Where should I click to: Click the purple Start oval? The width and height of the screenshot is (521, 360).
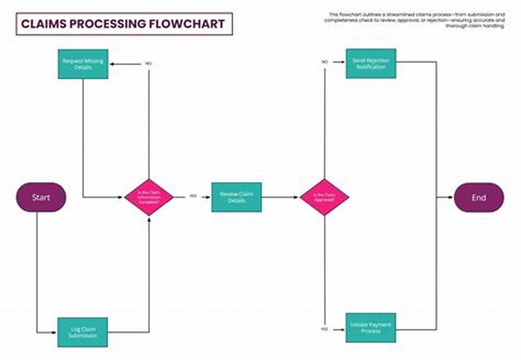tap(41, 197)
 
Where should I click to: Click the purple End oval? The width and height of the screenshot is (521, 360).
tap(479, 197)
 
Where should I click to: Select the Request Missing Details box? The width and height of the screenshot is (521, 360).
tap(83, 64)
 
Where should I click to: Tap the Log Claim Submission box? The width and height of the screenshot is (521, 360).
tap(83, 331)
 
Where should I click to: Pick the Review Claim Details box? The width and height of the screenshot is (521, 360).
tap(236, 197)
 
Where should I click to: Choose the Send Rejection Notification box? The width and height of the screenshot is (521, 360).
tap(371, 64)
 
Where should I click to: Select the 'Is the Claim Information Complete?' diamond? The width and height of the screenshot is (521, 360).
tap(149, 197)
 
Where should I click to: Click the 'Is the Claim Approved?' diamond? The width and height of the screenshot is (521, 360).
tap(324, 197)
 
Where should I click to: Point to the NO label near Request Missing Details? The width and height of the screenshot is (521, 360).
tap(149, 64)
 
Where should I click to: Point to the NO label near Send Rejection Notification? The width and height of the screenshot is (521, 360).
tap(324, 62)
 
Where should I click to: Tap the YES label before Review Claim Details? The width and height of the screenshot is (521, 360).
tap(193, 196)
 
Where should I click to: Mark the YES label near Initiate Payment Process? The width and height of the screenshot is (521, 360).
tap(324, 329)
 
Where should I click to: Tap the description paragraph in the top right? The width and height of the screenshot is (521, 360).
tap(416, 20)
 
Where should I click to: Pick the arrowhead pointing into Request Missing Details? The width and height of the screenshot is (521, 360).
tap(111, 64)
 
